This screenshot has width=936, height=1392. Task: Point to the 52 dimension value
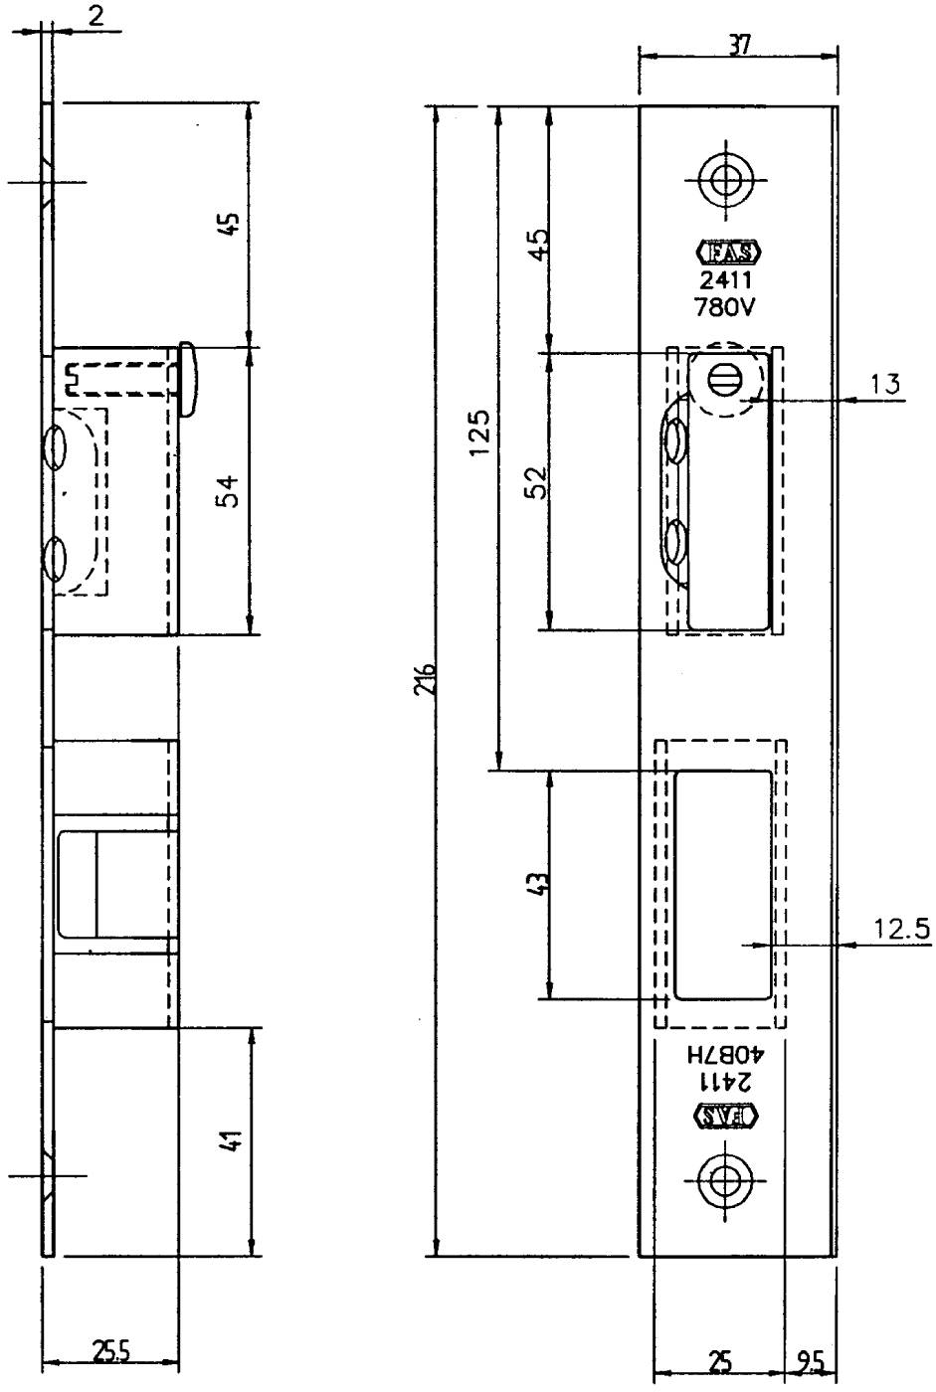point(536,482)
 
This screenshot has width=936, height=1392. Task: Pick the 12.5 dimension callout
point(902,929)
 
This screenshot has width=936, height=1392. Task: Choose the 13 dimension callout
point(885,384)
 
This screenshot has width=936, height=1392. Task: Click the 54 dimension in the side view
point(229,491)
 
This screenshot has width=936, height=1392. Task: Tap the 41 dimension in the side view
point(230,1139)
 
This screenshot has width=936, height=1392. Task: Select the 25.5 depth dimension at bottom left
point(110,1351)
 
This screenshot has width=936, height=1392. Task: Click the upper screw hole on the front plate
point(725,180)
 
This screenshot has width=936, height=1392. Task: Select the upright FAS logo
point(726,253)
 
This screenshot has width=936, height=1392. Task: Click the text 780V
point(724,307)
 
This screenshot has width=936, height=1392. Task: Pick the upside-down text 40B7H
point(725,1054)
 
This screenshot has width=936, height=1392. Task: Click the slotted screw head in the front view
point(725,378)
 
